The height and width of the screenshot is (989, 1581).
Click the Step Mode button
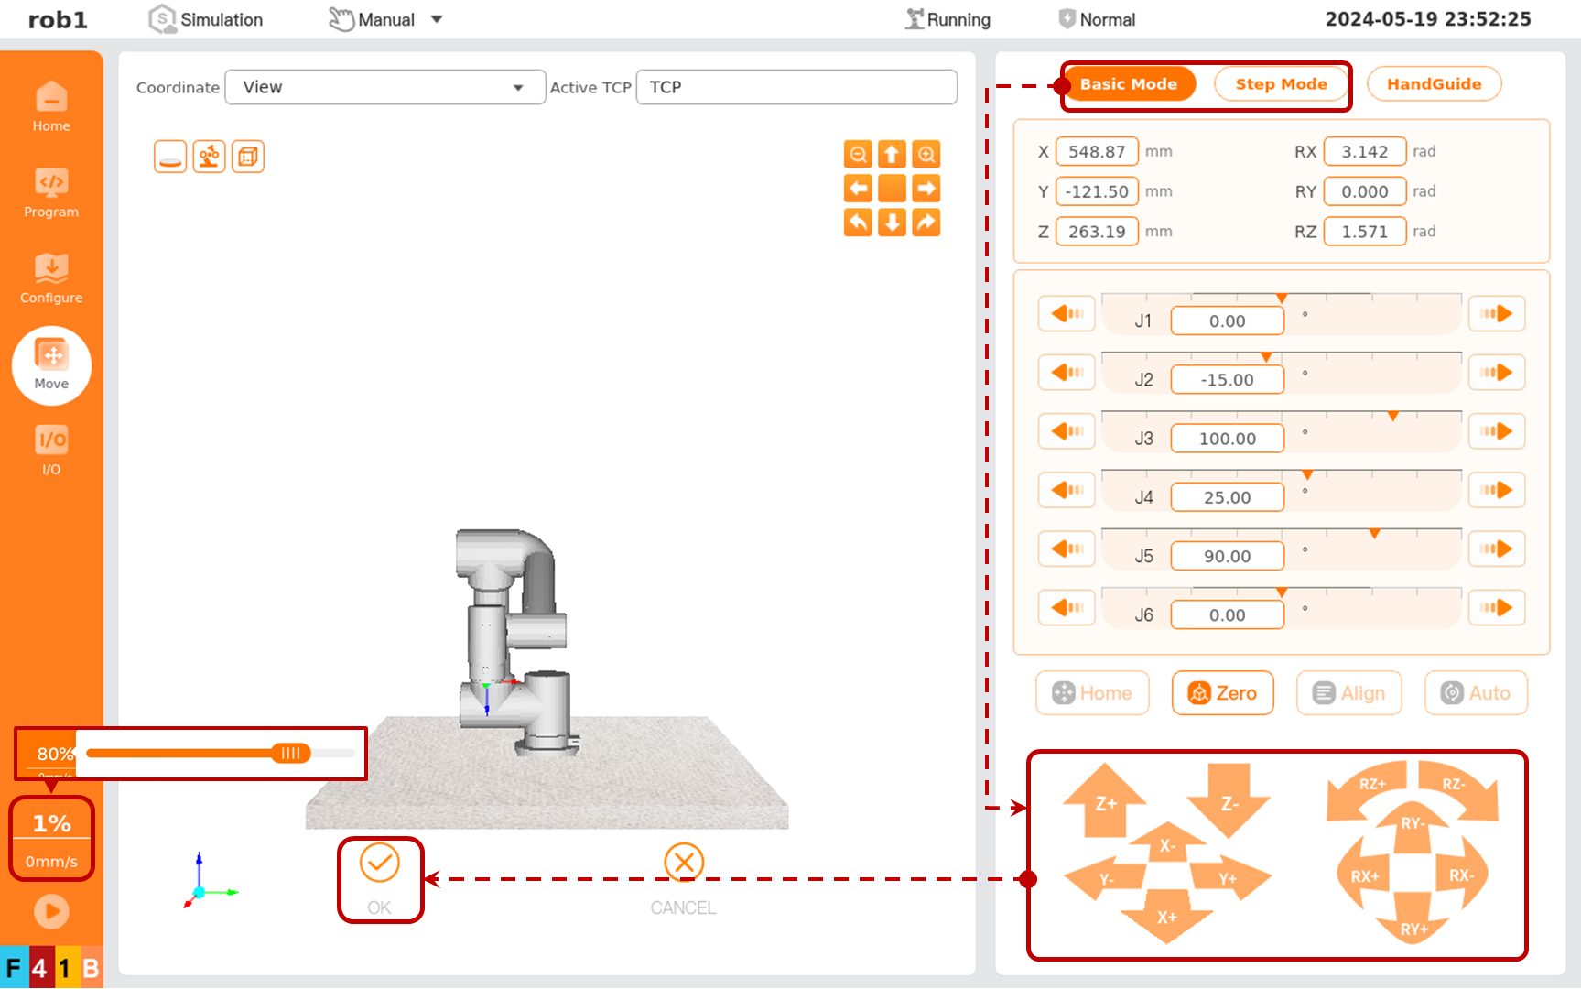pyautogui.click(x=1281, y=84)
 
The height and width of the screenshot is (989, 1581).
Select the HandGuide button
pyautogui.click(x=1434, y=84)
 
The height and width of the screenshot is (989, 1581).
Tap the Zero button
pyautogui.click(x=1222, y=693)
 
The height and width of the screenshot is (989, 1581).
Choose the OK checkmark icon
pyautogui.click(x=379, y=863)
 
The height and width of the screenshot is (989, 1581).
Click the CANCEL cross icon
pyautogui.click(x=684, y=863)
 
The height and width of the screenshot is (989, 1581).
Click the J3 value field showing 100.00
pyautogui.click(x=1227, y=439)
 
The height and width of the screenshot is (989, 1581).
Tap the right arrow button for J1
pyautogui.click(x=1497, y=314)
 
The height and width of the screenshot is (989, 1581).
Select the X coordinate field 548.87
pyautogui.click(x=1097, y=152)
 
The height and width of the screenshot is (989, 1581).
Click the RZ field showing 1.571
pyautogui.click(x=1364, y=232)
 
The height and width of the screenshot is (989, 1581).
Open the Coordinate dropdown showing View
pyautogui.click(x=384, y=87)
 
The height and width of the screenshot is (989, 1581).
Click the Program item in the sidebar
pyautogui.click(x=51, y=193)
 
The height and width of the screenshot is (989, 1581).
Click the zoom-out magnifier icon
pyautogui.click(x=858, y=154)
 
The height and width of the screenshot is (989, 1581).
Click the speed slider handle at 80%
pyautogui.click(x=291, y=753)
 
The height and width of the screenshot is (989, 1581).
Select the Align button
pyautogui.click(x=1348, y=693)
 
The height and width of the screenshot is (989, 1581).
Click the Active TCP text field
pyautogui.click(x=796, y=87)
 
